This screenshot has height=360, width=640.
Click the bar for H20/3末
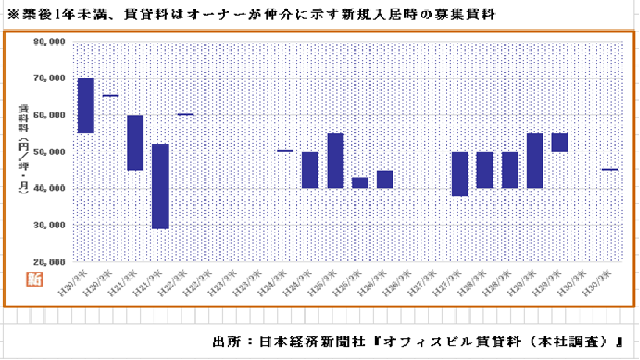click(x=86, y=106)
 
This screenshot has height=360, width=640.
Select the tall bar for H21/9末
click(x=160, y=186)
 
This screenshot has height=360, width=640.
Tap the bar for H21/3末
click(x=135, y=143)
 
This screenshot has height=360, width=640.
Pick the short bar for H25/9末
click(x=360, y=183)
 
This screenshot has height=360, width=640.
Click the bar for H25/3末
click(x=336, y=161)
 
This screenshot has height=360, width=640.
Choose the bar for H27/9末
click(x=459, y=173)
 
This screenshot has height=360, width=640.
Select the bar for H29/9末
click(x=559, y=142)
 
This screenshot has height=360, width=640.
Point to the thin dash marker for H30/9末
click(x=609, y=169)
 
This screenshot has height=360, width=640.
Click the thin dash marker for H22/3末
click(x=185, y=114)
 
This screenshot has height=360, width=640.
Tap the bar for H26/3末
click(x=385, y=179)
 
